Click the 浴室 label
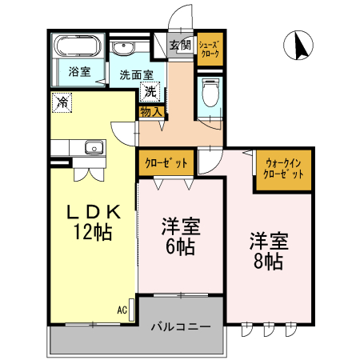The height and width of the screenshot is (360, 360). click(x=78, y=72)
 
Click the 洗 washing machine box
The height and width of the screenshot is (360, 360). click(x=151, y=91)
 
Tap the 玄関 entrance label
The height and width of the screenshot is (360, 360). click(x=180, y=45)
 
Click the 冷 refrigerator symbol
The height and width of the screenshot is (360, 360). click(x=62, y=102)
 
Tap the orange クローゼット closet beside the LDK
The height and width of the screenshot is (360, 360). click(x=166, y=163)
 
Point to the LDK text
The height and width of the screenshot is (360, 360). click(x=93, y=213)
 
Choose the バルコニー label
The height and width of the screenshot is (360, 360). click(x=181, y=327)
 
